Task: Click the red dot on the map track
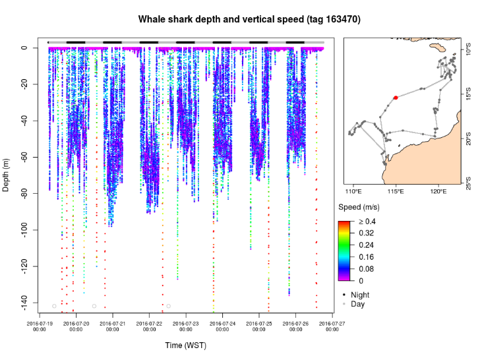(396, 98)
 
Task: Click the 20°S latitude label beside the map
(468, 139)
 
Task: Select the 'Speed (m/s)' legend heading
(359, 208)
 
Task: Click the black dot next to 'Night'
(344, 295)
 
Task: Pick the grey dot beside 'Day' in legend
(344, 304)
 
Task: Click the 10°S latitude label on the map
(468, 49)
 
